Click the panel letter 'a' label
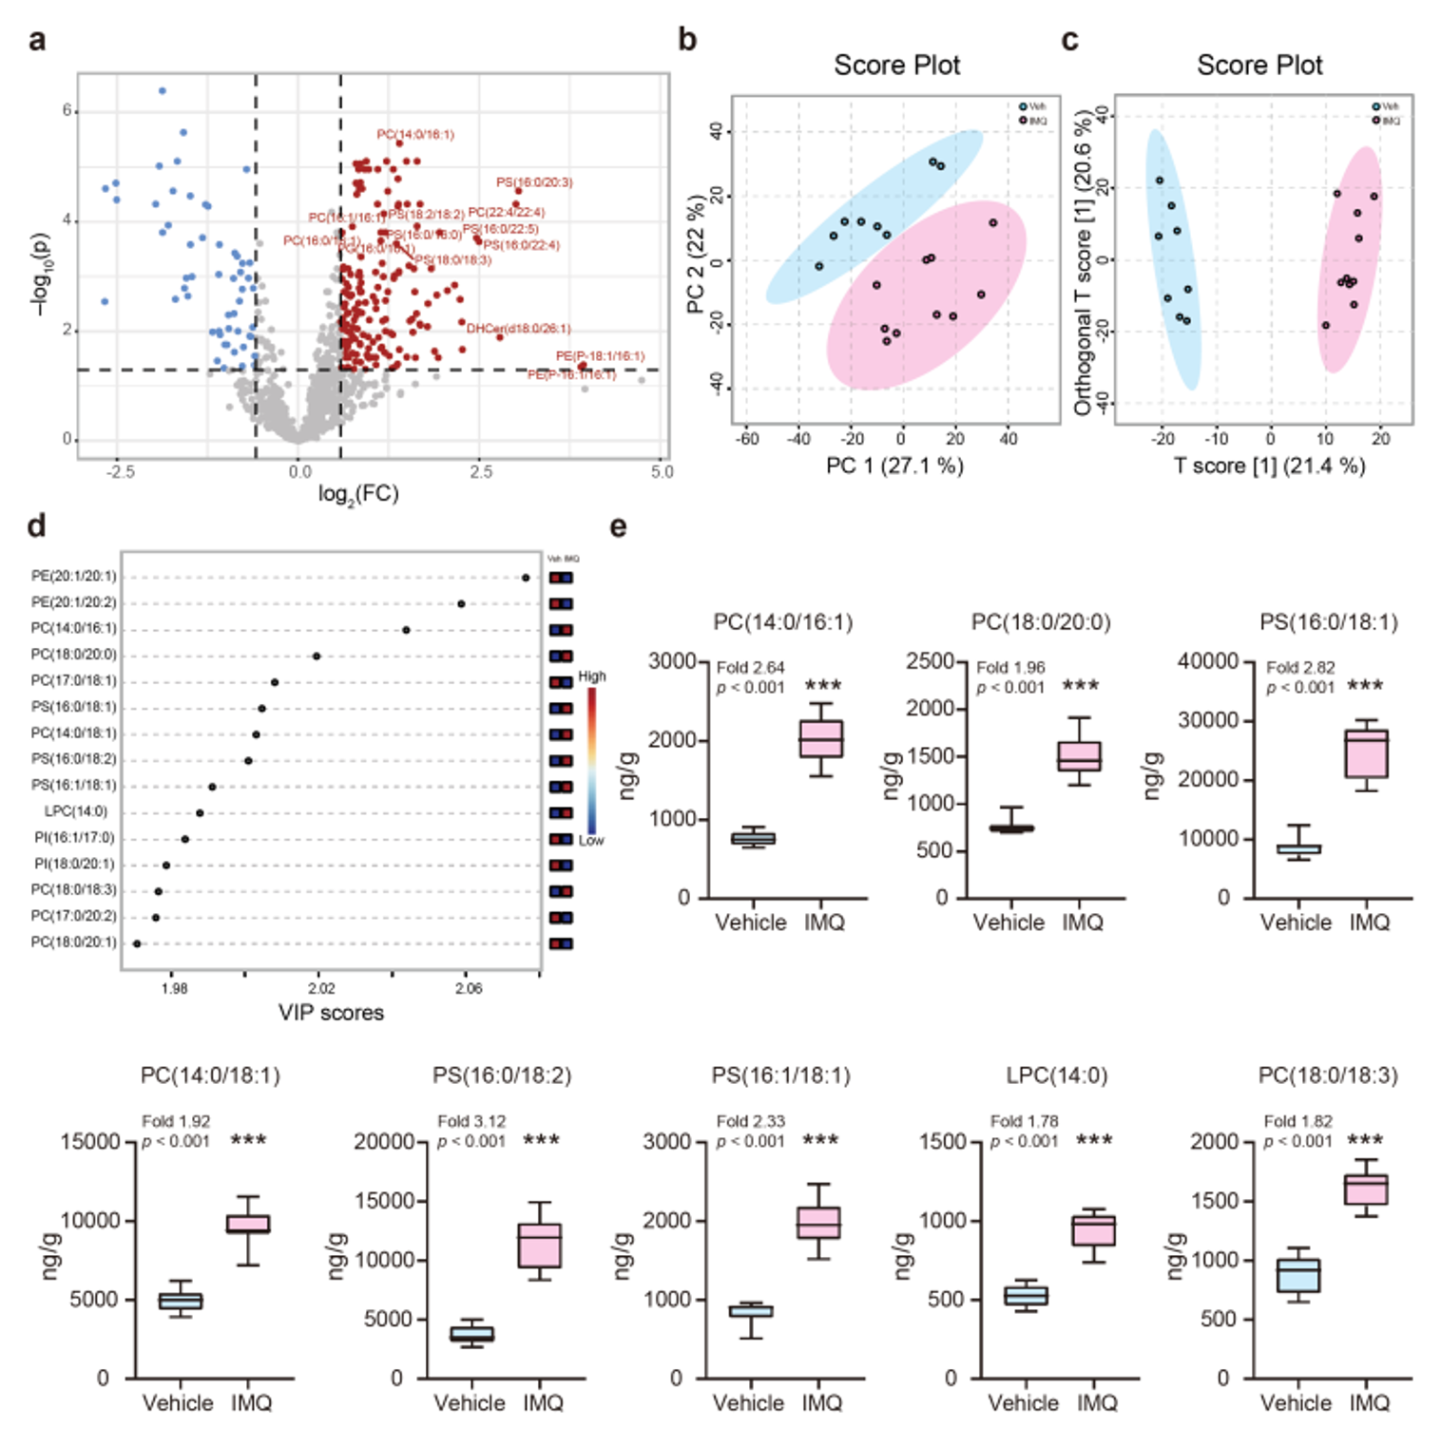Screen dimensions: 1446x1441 click(37, 41)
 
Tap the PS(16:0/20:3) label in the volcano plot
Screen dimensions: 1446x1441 click(534, 182)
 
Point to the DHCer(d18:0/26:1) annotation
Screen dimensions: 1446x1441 click(519, 329)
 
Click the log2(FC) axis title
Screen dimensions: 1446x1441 click(358, 494)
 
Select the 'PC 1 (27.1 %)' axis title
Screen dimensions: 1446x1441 click(894, 466)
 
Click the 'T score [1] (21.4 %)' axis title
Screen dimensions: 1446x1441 click(1269, 466)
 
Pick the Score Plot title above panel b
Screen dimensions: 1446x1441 click(896, 66)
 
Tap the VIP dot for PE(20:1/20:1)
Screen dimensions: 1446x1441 click(526, 577)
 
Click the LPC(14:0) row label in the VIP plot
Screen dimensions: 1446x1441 click(76, 811)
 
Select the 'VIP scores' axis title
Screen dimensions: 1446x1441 click(331, 1013)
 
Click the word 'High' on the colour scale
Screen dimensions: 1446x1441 click(592, 676)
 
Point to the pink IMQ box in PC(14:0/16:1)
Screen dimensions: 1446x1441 click(820, 739)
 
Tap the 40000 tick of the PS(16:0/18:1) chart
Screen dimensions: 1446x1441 click(1207, 661)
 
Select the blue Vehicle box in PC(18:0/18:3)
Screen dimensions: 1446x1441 click(1297, 1275)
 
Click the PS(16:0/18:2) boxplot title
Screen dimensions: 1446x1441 click(502, 1075)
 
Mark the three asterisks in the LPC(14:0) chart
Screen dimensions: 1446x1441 click(1094, 1140)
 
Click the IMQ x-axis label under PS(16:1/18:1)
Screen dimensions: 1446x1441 click(822, 1403)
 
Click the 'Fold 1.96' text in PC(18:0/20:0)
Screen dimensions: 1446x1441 click(1010, 668)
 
